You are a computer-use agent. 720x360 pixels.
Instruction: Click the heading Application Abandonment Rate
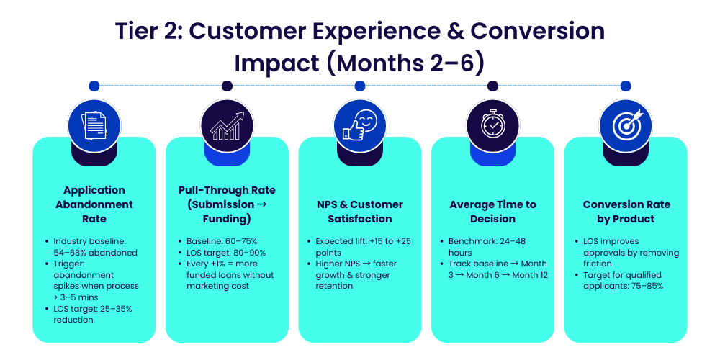[x=94, y=204]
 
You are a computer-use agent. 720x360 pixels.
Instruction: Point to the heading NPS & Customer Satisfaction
[x=360, y=212]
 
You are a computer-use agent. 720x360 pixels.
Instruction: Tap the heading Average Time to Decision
[x=493, y=212]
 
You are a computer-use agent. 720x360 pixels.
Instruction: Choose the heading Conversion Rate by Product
[x=626, y=212]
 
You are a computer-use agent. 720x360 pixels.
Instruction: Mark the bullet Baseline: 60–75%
[x=217, y=241]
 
